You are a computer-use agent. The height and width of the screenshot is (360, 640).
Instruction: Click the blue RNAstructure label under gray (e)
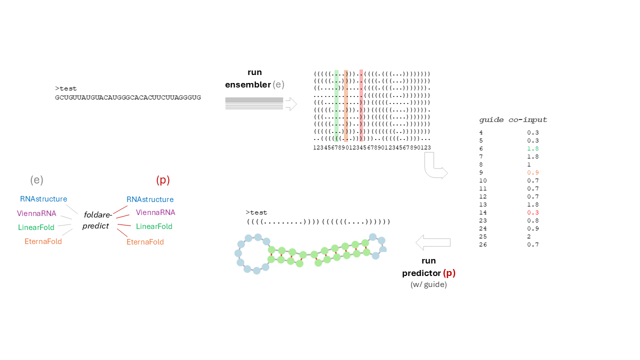[x=43, y=199]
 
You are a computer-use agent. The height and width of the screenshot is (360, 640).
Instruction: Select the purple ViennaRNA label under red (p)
[x=155, y=212]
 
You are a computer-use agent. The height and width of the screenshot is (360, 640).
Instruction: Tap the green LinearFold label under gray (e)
[x=36, y=227]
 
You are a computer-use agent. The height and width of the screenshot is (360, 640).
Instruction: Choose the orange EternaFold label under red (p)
[x=145, y=242]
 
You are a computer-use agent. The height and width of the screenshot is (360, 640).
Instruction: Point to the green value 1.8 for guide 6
[x=532, y=148]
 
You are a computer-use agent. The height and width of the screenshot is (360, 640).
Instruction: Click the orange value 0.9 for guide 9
[x=532, y=172]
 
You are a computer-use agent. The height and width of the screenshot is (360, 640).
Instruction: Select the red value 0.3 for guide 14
[x=532, y=212]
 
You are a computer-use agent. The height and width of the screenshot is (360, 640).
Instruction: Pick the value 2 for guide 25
[x=529, y=236]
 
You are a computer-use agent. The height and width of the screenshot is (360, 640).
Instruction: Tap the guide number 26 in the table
[x=483, y=244]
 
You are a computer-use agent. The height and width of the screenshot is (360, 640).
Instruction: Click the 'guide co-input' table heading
[x=513, y=120]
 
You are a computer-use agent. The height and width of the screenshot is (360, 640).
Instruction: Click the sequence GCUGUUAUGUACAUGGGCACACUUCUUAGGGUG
[x=128, y=97]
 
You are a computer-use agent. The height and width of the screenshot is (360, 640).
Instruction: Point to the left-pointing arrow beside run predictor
[x=433, y=243]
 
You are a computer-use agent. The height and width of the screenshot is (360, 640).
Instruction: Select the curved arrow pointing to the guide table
[x=435, y=166]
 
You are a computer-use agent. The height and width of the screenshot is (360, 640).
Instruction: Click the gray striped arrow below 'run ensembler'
[x=260, y=104]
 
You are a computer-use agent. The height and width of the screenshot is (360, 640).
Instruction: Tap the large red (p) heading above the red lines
[x=163, y=180]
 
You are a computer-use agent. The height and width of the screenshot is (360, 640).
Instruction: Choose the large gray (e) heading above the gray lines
[x=36, y=180]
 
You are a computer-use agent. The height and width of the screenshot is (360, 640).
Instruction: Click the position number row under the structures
[x=372, y=147]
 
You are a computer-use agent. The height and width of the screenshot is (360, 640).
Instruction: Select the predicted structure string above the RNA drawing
[x=318, y=221]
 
